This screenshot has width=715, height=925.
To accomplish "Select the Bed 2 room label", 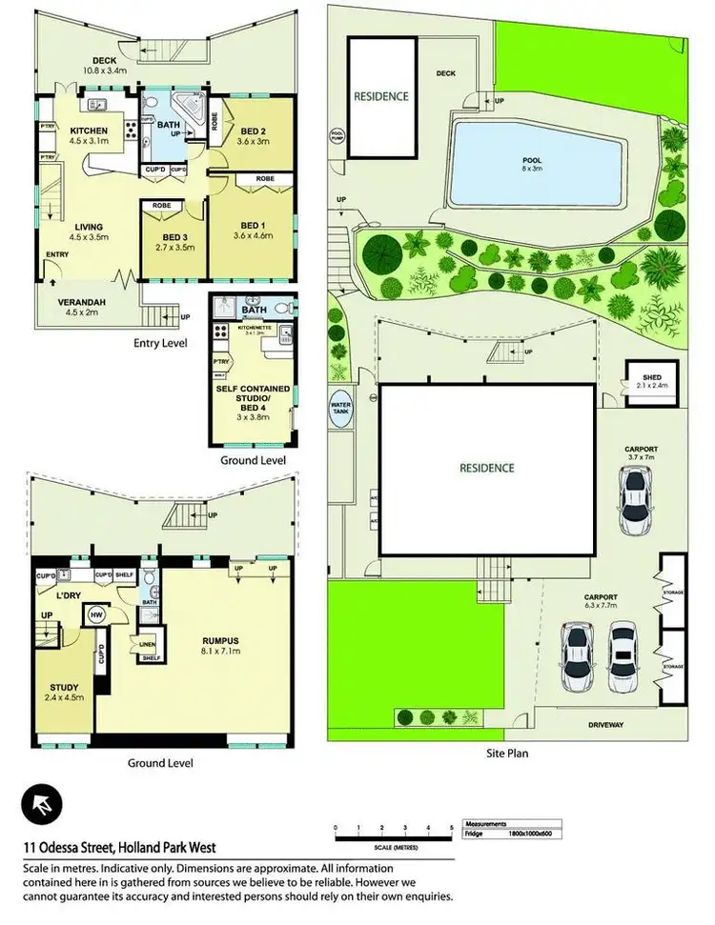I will (253, 136).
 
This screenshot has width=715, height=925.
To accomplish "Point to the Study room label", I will (65, 692).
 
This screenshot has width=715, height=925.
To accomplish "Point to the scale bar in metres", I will (393, 834).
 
